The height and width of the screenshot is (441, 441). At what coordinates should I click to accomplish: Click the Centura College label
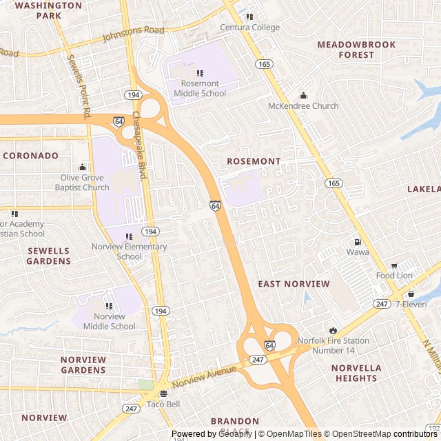(x=249, y=28)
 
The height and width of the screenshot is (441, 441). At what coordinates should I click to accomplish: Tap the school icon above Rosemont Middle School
(x=200, y=73)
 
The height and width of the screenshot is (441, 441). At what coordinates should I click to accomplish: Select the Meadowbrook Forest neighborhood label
(x=356, y=50)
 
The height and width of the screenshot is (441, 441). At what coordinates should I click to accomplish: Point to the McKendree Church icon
(x=303, y=96)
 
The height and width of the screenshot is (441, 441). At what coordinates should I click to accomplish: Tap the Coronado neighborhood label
(x=30, y=156)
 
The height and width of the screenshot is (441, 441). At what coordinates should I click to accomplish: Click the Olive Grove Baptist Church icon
(x=83, y=167)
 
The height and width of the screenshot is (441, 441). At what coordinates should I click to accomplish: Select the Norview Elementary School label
(x=130, y=252)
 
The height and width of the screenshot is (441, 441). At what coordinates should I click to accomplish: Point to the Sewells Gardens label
(x=49, y=256)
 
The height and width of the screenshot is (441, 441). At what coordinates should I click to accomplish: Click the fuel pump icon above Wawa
(x=357, y=242)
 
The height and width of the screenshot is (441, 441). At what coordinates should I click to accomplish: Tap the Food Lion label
(x=394, y=276)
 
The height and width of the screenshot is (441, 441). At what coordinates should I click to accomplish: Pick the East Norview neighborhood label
(x=294, y=284)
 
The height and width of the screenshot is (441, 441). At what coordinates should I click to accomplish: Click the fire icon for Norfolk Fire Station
(x=334, y=331)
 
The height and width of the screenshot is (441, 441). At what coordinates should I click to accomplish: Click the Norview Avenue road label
(x=204, y=376)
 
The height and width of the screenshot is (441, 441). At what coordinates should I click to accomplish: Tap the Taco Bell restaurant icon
(x=163, y=394)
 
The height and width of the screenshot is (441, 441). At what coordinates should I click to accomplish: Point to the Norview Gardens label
(x=83, y=365)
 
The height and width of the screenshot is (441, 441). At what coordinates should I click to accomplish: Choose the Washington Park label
(x=39, y=10)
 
